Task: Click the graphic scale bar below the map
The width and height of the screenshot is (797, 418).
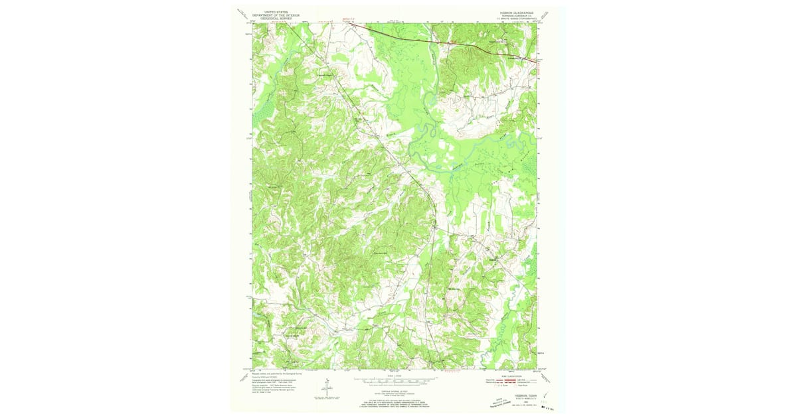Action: tap(395, 381)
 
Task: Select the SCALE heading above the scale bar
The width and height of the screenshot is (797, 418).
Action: tap(395, 376)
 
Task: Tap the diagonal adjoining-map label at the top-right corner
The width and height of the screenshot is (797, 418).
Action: tap(545, 15)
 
